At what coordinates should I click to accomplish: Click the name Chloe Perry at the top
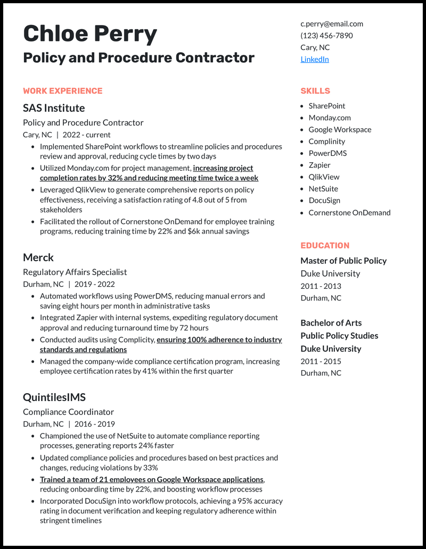(90, 34)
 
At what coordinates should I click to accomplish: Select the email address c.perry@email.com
(332, 23)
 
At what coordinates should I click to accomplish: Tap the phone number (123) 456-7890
(326, 35)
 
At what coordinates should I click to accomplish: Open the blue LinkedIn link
(315, 59)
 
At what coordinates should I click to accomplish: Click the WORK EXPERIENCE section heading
(63, 91)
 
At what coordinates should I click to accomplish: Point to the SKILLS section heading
(315, 91)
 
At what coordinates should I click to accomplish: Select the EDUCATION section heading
(325, 246)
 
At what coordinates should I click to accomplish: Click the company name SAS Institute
(54, 108)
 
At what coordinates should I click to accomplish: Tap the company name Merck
(38, 257)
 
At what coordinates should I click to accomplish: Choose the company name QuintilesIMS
(54, 397)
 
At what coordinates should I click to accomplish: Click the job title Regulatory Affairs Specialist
(75, 272)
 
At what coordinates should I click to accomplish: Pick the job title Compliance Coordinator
(69, 412)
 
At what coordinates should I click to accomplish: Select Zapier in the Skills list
(319, 165)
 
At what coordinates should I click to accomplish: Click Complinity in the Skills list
(327, 142)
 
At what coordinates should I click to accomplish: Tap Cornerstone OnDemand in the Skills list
(349, 212)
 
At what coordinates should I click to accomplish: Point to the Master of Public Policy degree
(343, 261)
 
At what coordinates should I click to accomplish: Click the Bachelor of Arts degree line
(331, 323)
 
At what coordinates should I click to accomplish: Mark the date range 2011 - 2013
(321, 286)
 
